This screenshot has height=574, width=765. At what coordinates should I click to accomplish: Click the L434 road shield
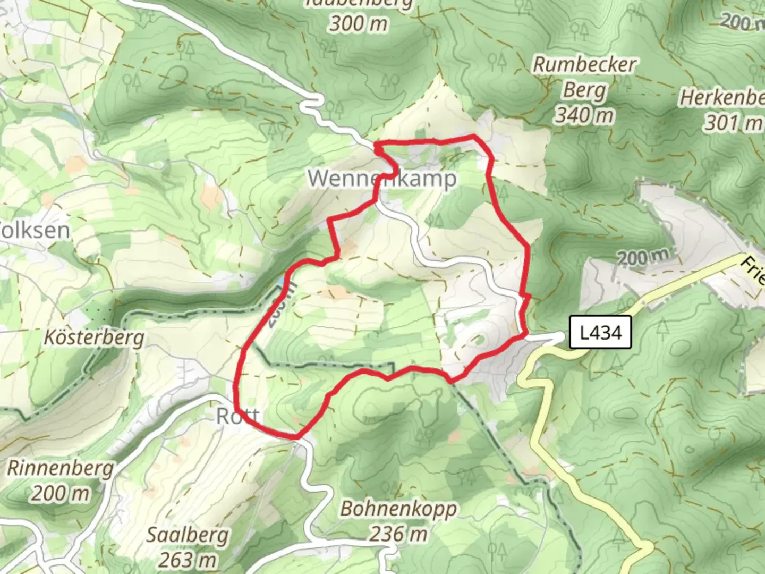click(600, 333)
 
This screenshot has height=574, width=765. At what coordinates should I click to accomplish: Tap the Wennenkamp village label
click(382, 179)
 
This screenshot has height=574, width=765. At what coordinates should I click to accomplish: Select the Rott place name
click(237, 416)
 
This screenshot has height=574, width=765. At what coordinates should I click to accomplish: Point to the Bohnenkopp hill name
click(398, 509)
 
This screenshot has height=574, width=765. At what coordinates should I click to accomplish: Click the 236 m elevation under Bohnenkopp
click(398, 533)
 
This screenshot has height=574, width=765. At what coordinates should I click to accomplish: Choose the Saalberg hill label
click(187, 535)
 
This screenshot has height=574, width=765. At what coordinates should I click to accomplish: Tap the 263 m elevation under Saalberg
click(187, 559)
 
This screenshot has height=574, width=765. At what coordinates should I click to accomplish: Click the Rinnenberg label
click(60, 468)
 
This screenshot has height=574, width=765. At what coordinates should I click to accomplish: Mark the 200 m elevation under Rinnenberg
click(60, 493)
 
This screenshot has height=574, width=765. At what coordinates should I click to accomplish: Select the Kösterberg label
click(94, 337)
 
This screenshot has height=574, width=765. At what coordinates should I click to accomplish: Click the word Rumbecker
click(584, 65)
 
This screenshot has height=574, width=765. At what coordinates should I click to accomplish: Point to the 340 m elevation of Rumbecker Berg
click(584, 114)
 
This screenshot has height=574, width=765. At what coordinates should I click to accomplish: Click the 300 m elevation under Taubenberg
click(359, 23)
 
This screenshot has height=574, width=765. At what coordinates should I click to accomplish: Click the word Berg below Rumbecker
click(584, 90)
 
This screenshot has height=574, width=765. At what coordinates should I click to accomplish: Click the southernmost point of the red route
click(295, 437)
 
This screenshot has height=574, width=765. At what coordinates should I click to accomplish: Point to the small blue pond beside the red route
click(280, 281)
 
